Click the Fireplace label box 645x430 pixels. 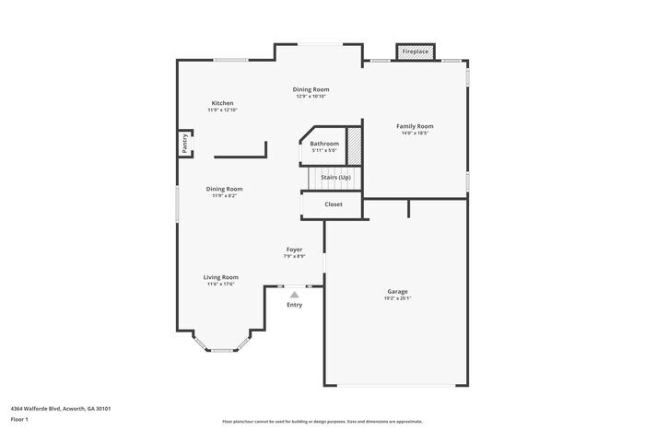pyautogui.click(x=415, y=52)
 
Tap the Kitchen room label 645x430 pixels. pyautogui.click(x=222, y=103)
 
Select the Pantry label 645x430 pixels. pyautogui.click(x=185, y=143)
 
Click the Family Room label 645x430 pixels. pyautogui.click(x=415, y=126)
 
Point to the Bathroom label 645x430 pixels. pyautogui.click(x=324, y=144)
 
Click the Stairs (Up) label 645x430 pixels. pyautogui.click(x=335, y=177)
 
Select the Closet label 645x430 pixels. pyautogui.click(x=334, y=204)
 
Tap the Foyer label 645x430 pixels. pyautogui.click(x=294, y=250)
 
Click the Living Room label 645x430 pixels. pyautogui.click(x=221, y=277)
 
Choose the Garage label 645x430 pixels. pyautogui.click(x=397, y=292)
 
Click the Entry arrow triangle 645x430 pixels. pyautogui.click(x=294, y=295)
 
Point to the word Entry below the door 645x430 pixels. pyautogui.click(x=294, y=305)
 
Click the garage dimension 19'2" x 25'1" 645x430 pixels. pyautogui.click(x=397, y=298)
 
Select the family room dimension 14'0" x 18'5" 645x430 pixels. pyautogui.click(x=415, y=134)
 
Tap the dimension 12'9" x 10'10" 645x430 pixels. pyautogui.click(x=311, y=97)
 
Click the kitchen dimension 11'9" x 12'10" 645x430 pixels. pyautogui.click(x=222, y=110)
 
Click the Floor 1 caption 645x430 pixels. pyautogui.click(x=20, y=420)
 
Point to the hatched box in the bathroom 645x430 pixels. pyautogui.click(x=352, y=146)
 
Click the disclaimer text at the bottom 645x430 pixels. pyautogui.click(x=322, y=421)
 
